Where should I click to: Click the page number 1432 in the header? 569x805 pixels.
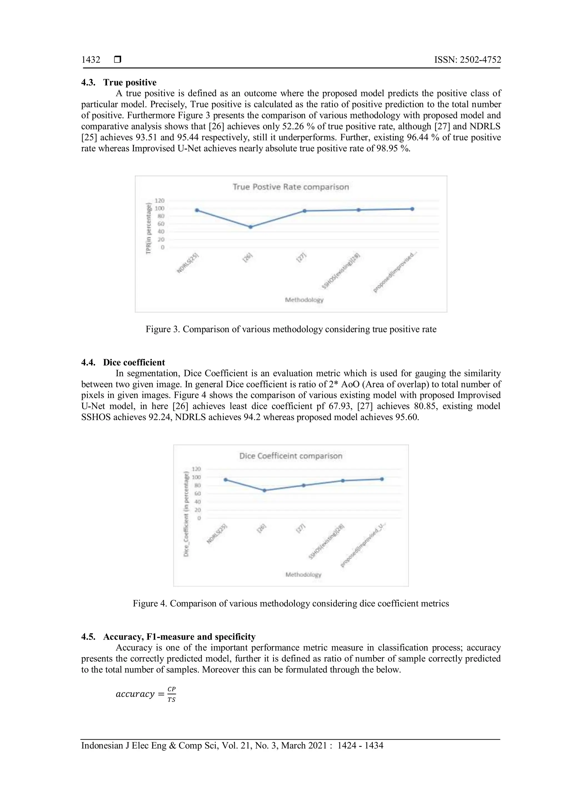(91, 60)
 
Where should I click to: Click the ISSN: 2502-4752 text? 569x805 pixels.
(467, 60)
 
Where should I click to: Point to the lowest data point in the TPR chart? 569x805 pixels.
(251, 227)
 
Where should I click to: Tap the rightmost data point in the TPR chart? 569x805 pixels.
(412, 209)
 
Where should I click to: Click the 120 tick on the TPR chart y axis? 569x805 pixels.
(159, 200)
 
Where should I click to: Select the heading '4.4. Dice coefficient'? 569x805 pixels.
(123, 362)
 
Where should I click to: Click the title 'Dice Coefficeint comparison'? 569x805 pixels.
(291, 456)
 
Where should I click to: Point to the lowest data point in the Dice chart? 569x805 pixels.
(264, 491)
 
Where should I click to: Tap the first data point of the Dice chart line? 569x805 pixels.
(226, 479)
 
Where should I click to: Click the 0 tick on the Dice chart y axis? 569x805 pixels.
(199, 518)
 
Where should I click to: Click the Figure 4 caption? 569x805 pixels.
(291, 603)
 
